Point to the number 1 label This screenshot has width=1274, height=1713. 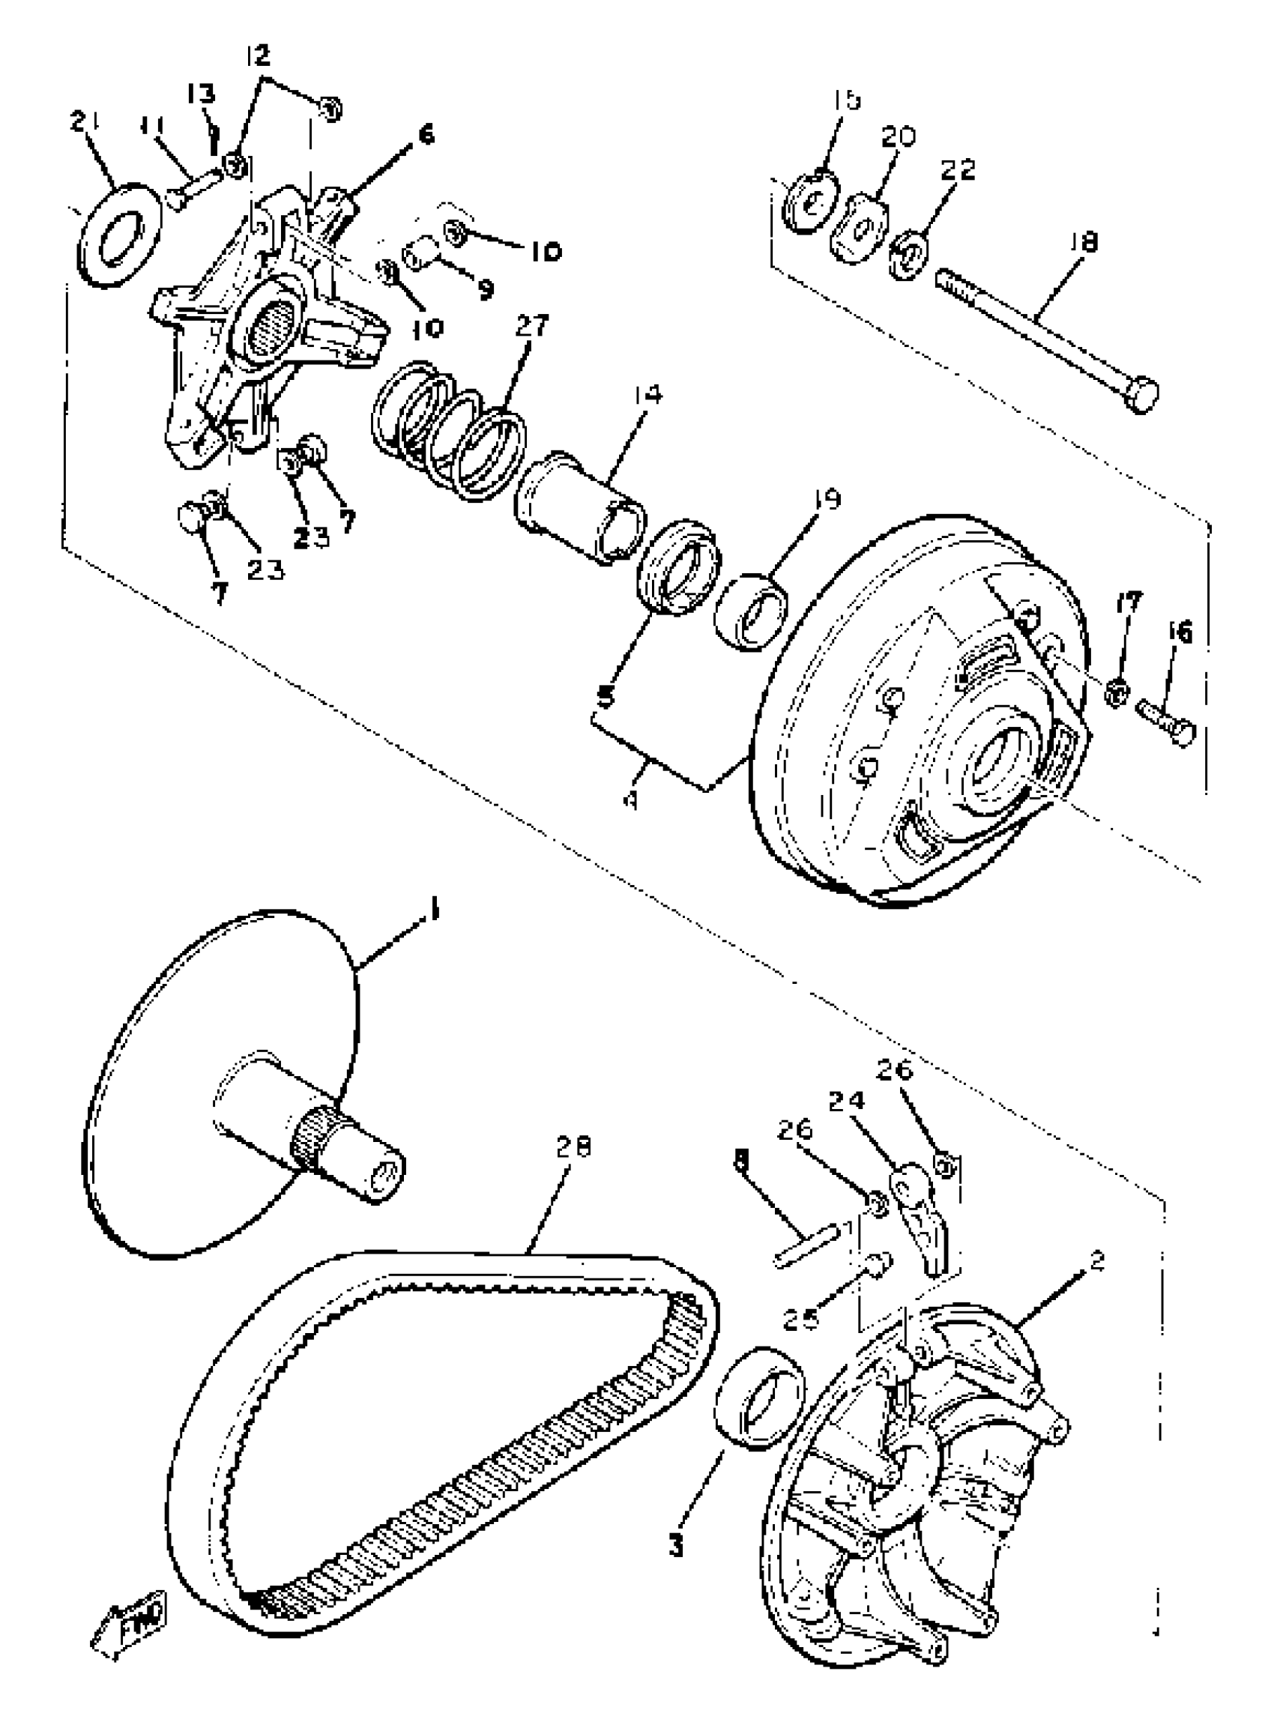[434, 912]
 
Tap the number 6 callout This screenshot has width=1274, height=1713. [426, 135]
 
